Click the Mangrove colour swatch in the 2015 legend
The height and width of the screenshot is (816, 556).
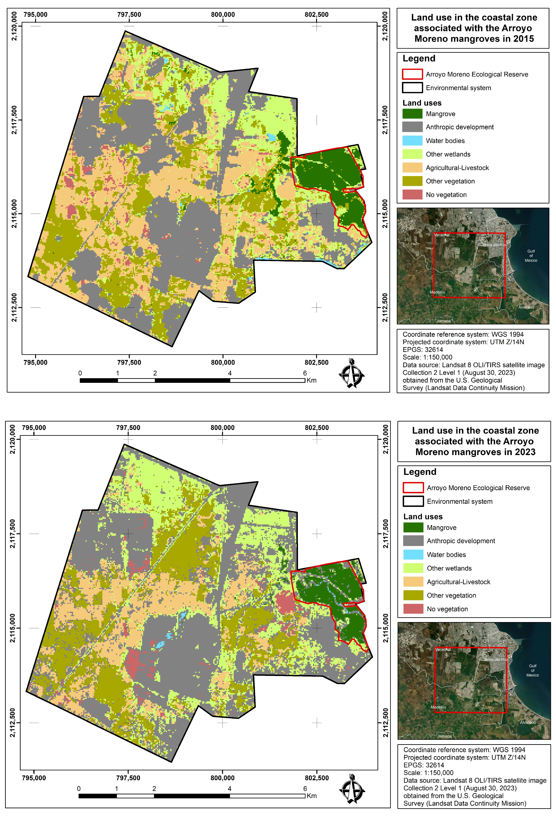[412, 114]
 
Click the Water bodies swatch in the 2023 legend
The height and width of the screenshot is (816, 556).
[413, 554]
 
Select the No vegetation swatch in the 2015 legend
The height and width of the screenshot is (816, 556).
[412, 195]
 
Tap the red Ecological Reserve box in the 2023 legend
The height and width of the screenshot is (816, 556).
[413, 488]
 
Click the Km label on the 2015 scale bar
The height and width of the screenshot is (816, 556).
[311, 380]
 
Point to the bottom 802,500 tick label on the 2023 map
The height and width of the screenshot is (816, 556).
[317, 778]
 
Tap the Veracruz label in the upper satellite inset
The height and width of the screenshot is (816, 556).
[442, 235]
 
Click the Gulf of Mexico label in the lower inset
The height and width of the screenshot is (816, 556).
[533, 670]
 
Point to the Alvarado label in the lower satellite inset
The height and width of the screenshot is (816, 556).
[528, 722]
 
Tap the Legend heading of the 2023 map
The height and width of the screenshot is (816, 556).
[419, 472]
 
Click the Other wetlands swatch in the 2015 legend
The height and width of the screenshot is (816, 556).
[412, 154]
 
